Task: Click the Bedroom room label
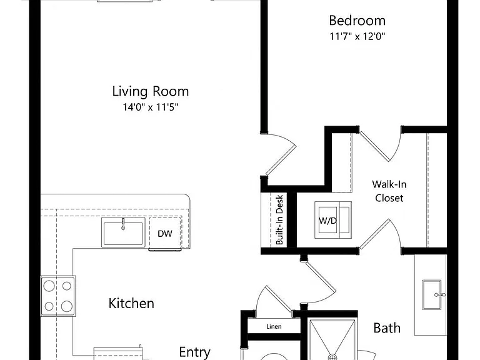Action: tap(357, 21)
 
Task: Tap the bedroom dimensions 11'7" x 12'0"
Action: tap(357, 36)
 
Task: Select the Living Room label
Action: tap(150, 91)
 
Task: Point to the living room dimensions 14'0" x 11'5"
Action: tap(150, 107)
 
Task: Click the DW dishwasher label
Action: tap(165, 234)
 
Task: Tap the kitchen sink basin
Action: tap(123, 234)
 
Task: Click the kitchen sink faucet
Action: tap(123, 224)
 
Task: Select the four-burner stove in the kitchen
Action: tap(58, 296)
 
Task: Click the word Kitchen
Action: tap(131, 303)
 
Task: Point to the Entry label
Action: tap(195, 352)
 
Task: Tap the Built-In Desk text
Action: tap(279, 220)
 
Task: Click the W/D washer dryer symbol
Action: tap(333, 220)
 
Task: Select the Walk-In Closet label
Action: tap(389, 191)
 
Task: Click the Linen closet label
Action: tap(274, 327)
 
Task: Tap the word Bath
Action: tap(387, 328)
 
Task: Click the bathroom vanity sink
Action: tap(432, 295)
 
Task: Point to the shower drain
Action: tap(332, 357)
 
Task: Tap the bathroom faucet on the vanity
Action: tap(440, 295)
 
